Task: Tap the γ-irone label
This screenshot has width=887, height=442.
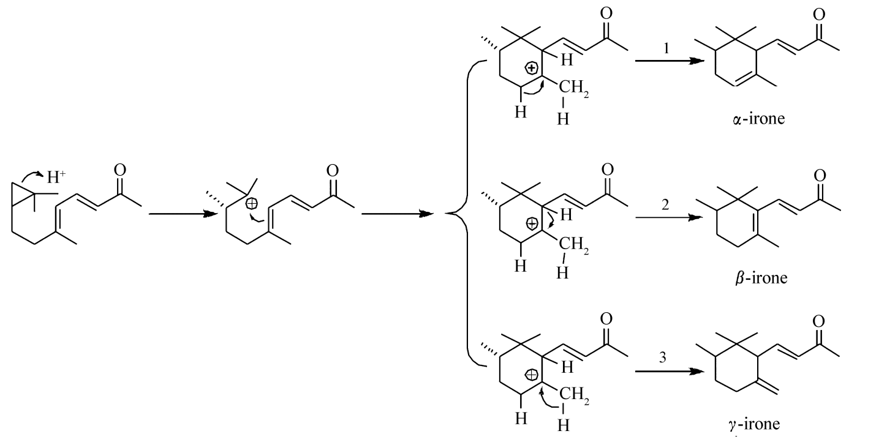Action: (x=754, y=424)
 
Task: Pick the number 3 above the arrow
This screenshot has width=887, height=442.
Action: (x=662, y=359)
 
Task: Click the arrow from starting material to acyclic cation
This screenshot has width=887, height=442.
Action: (x=182, y=214)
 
